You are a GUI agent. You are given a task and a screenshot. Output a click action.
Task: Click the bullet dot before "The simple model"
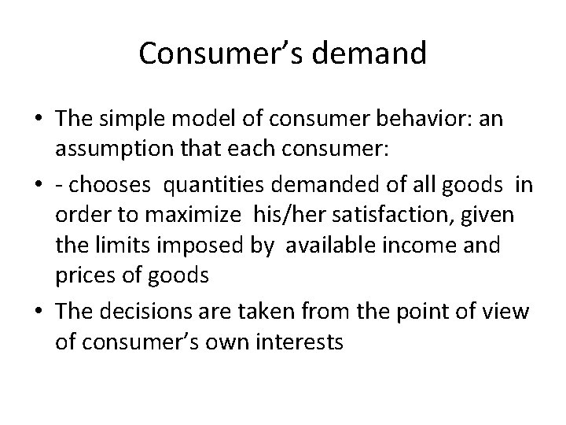[x=40, y=121]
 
